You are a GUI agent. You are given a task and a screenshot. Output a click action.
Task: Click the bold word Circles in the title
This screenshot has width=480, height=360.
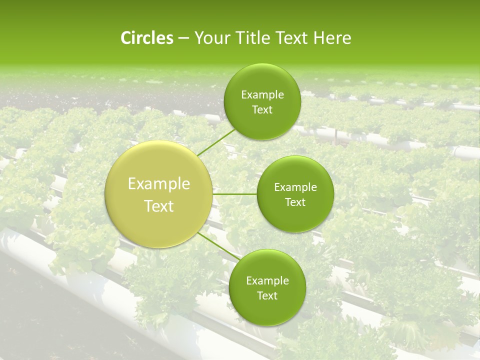click(x=146, y=38)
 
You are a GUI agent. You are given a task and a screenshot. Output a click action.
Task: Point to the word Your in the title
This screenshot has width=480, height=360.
click(x=210, y=38)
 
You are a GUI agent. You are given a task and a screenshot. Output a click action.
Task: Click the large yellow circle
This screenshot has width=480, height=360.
click(x=159, y=194)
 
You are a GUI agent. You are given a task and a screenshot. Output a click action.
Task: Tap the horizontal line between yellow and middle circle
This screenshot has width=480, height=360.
click(x=234, y=193)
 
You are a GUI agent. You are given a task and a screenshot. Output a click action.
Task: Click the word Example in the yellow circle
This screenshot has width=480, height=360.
click(x=159, y=184)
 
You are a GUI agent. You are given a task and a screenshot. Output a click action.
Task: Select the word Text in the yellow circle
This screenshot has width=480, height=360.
click(x=159, y=206)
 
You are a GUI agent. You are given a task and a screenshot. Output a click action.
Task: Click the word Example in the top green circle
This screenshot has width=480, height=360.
click(x=262, y=95)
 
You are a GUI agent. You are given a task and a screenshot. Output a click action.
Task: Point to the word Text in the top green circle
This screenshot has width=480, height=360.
click(x=262, y=110)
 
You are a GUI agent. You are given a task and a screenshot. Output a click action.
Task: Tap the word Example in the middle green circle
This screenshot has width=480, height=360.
click(x=295, y=187)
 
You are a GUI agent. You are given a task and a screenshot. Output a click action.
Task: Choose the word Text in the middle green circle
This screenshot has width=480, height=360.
click(x=295, y=202)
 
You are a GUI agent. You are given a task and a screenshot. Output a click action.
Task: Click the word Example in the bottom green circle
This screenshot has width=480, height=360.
click(x=267, y=281)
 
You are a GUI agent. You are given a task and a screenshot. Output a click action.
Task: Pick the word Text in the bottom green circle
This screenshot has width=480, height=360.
click(x=267, y=296)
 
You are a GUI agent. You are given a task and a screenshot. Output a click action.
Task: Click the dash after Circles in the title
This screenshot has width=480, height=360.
click(x=183, y=38)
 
